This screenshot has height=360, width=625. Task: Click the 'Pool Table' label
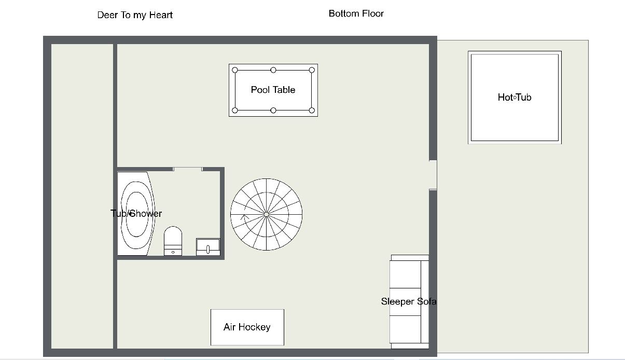tap(273, 90)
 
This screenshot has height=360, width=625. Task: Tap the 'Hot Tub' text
tap(515, 98)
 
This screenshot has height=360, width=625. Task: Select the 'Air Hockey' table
tap(247, 327)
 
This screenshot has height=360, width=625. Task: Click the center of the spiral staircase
tap(266, 214)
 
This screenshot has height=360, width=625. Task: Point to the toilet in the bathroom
tap(173, 241)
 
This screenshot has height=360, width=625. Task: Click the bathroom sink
tap(208, 247)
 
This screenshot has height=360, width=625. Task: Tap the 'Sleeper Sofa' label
tap(409, 301)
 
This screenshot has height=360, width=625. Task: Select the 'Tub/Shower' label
tap(136, 214)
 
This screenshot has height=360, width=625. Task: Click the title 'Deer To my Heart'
tap(135, 15)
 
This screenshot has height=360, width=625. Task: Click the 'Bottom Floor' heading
tap(356, 13)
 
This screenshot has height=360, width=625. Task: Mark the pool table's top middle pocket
tap(273, 70)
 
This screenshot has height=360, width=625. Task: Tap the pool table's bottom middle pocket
tap(273, 110)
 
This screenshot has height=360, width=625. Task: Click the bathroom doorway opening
tap(188, 169)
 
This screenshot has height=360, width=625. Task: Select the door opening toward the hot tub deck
tap(433, 175)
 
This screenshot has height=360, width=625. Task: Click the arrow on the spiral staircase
tap(245, 217)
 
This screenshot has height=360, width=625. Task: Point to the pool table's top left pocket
tap(235, 70)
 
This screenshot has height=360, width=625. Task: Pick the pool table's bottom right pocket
tap(312, 110)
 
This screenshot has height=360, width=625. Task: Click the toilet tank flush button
tap(173, 252)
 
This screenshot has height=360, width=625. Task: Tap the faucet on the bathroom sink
tap(208, 249)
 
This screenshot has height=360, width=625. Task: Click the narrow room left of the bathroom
tap(82, 196)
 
